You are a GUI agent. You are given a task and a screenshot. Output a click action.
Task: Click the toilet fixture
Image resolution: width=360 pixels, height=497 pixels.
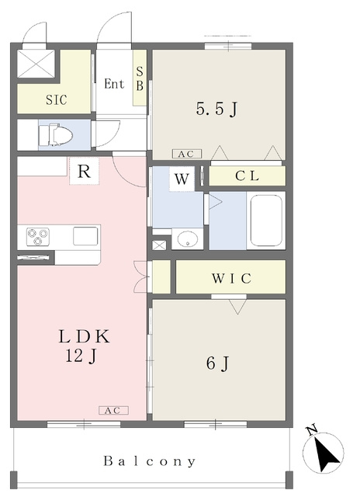pyautogui.click(x=55, y=135)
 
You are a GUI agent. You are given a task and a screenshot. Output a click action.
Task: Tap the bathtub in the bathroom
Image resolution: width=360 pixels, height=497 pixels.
pyautogui.click(x=266, y=221)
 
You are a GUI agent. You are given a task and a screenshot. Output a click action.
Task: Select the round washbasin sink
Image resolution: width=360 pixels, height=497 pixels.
pyautogui.click(x=188, y=238)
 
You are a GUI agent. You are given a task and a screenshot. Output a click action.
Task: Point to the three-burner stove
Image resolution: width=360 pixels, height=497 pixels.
pyautogui.click(x=38, y=237)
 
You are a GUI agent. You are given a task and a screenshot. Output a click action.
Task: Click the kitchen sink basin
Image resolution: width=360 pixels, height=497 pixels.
pyautogui.click(x=85, y=236)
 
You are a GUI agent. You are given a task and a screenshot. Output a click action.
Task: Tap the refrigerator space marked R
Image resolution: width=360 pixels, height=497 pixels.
pyautogui.click(x=85, y=171)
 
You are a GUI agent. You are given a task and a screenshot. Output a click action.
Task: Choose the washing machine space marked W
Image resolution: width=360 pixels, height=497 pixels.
pyautogui.click(x=182, y=179)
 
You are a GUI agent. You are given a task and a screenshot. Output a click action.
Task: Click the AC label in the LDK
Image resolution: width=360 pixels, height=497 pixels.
pyautogui.click(x=114, y=411)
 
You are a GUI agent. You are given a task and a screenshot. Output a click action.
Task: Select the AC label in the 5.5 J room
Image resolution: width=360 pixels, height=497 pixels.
pyautogui.click(x=187, y=154)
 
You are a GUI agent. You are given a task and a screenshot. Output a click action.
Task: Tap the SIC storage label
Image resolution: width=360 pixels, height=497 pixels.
pyautogui.click(x=57, y=100)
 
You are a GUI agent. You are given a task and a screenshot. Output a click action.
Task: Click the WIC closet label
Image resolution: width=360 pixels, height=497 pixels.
pyautogui.click(x=231, y=278)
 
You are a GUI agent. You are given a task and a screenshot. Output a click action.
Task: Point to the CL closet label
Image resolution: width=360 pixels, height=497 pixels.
pyautogui.click(x=247, y=176)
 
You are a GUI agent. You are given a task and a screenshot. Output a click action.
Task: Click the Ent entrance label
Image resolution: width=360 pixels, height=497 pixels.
pyautogui.click(x=114, y=84)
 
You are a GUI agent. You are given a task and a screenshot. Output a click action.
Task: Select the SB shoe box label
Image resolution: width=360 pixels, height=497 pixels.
pyautogui.click(x=140, y=78)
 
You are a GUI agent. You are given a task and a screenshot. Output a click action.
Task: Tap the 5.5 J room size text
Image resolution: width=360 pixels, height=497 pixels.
pyautogui.click(x=216, y=109)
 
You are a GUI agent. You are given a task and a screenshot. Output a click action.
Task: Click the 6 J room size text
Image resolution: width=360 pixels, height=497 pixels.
pyautogui.click(x=217, y=363)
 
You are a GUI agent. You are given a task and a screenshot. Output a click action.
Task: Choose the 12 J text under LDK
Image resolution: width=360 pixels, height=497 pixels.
pyautogui.click(x=81, y=356)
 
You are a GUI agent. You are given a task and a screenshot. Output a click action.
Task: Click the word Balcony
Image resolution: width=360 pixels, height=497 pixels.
pyautogui.click(x=150, y=461)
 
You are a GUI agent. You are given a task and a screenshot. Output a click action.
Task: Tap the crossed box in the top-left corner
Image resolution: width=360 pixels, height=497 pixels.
pyautogui.click(x=36, y=64)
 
